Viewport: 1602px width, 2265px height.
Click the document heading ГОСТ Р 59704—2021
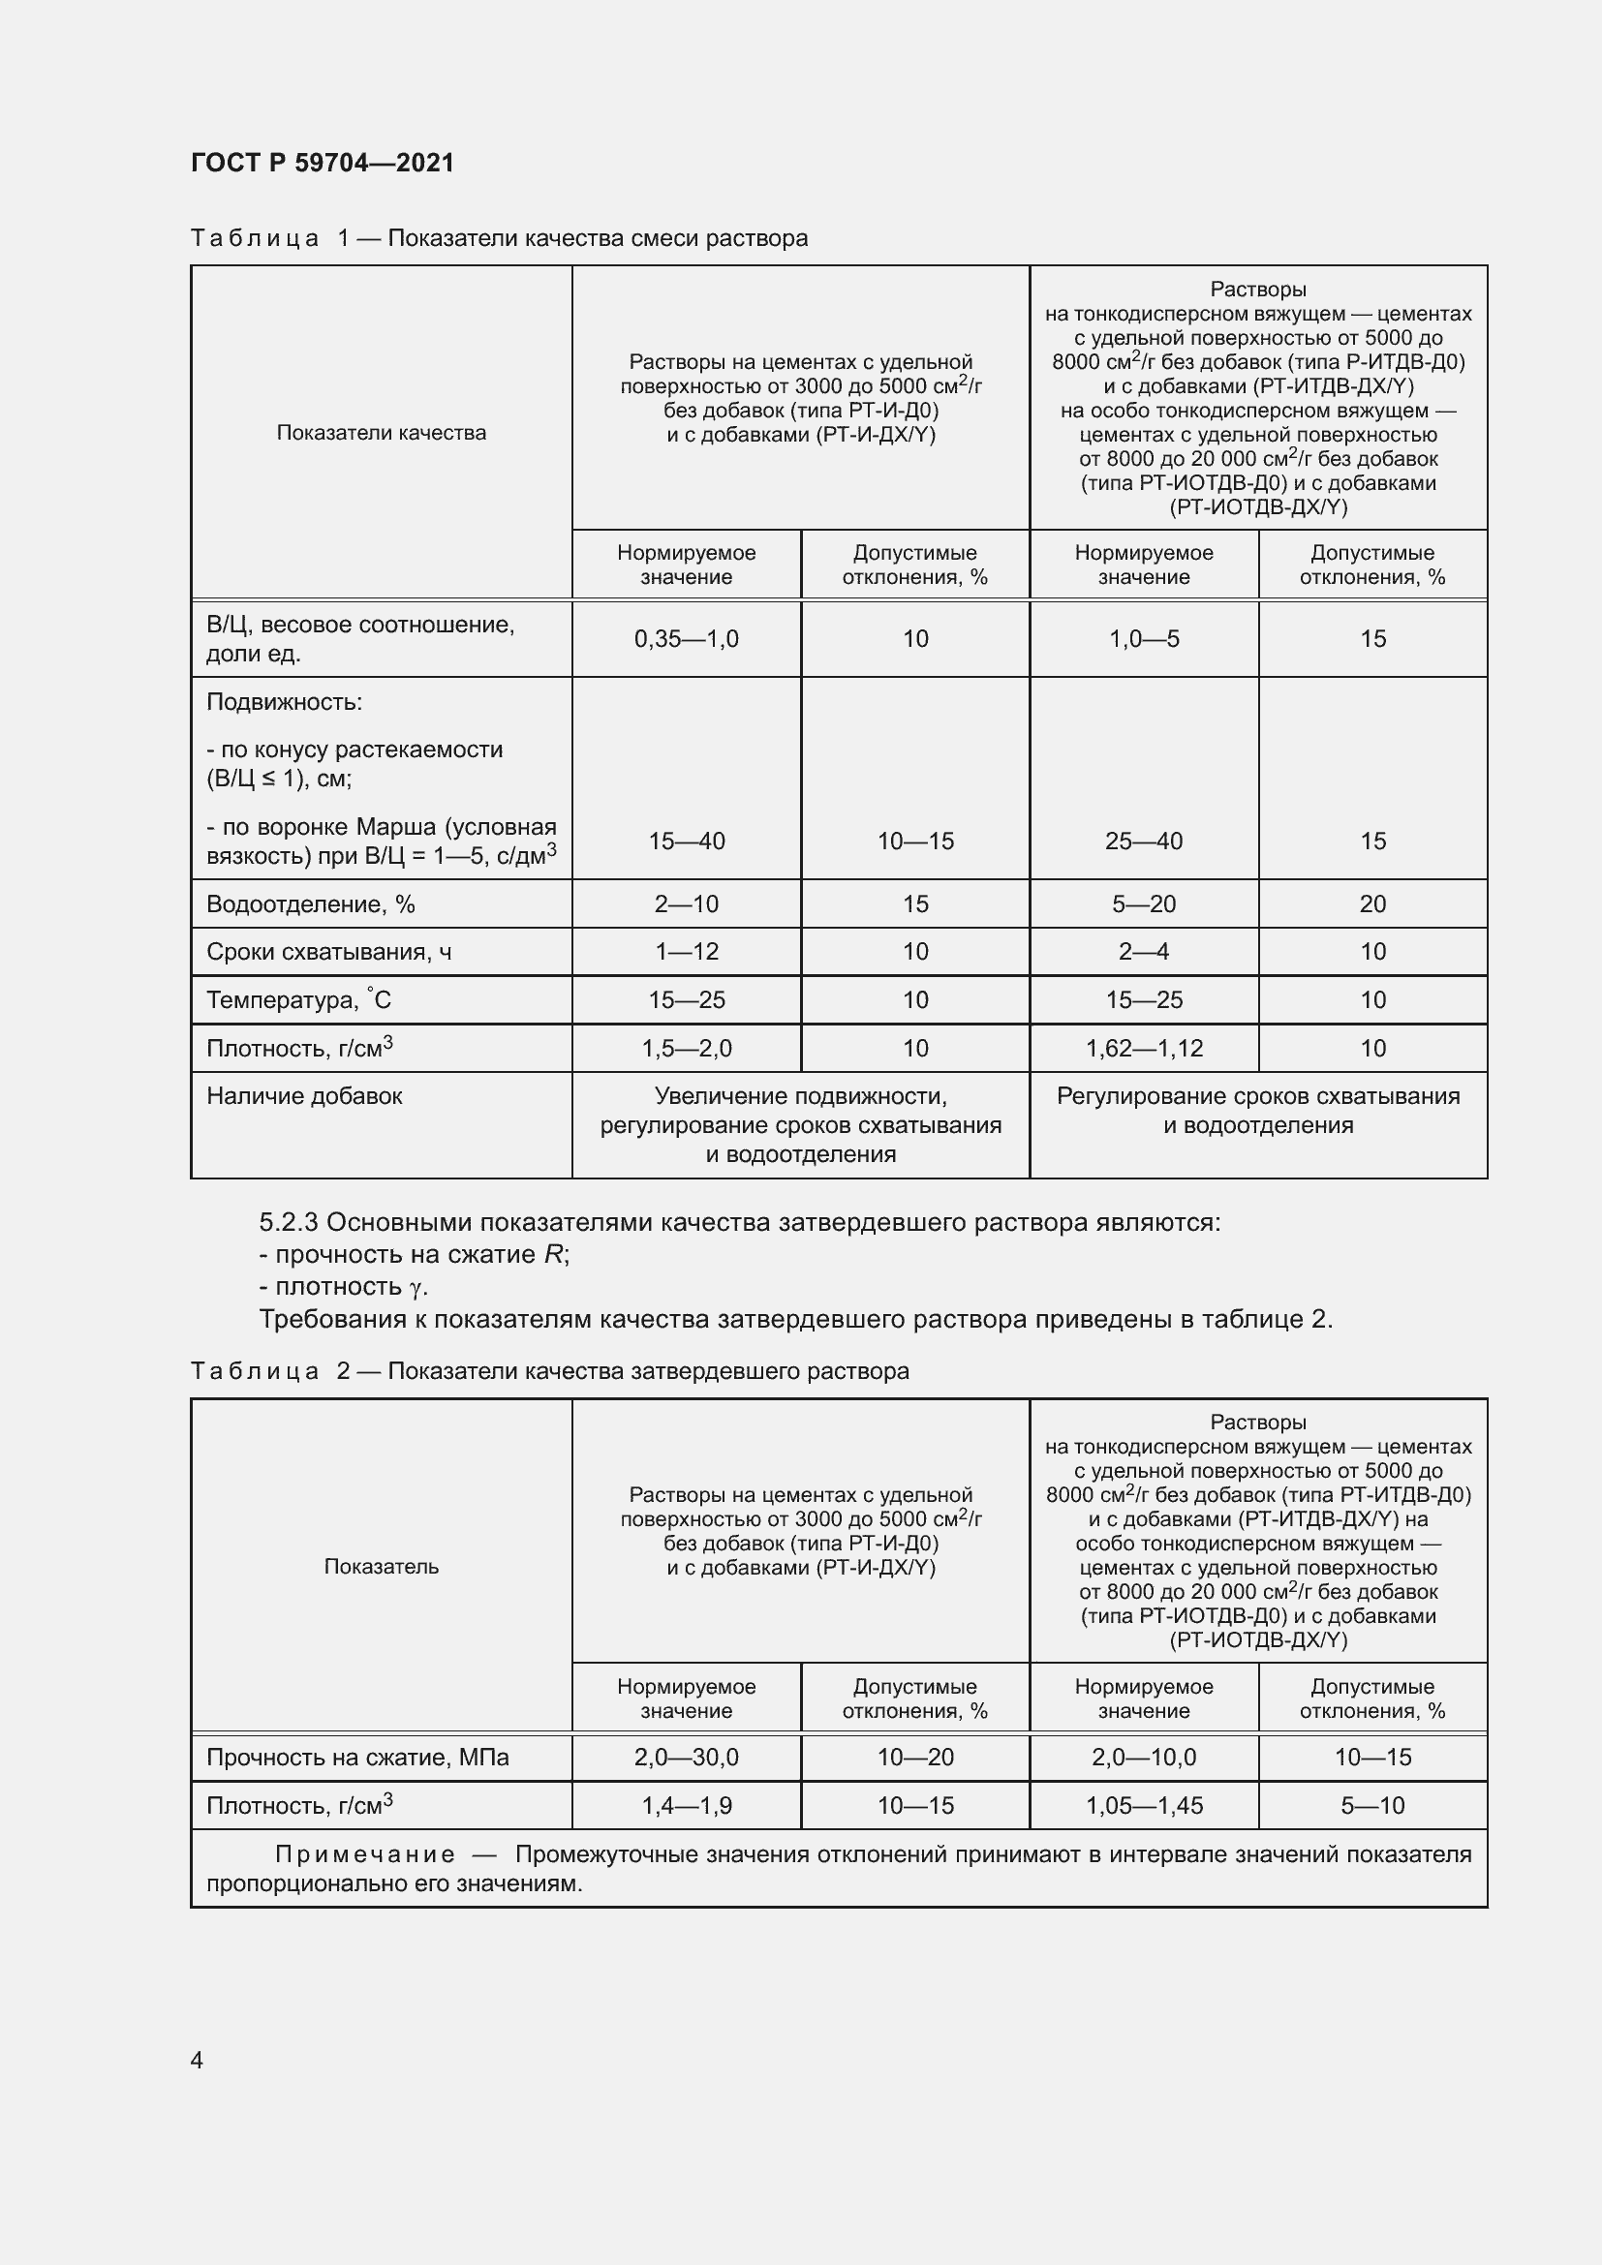pos(323,163)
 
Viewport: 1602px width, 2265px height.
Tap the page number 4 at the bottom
pos(197,2060)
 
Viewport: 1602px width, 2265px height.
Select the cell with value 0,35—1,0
pos(686,639)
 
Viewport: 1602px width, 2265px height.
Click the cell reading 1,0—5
pos(1143,639)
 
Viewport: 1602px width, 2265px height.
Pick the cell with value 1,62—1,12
pos(1143,1049)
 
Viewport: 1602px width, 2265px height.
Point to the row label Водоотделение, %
pos(310,904)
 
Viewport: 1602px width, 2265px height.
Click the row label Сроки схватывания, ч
pos(328,952)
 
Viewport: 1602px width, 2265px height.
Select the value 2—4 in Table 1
pos(1143,952)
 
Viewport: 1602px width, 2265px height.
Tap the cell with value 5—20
pos(1143,904)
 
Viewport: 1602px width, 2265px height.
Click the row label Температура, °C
pos(298,1000)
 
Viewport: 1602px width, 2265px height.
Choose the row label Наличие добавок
pos(304,1096)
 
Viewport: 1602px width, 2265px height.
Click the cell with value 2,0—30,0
pos(686,1757)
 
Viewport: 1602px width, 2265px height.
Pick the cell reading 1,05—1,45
pos(1143,1805)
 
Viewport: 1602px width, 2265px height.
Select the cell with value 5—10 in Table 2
pos(1372,1805)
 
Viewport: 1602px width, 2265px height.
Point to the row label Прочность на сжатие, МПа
pos(357,1757)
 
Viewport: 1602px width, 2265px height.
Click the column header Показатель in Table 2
pos(381,1567)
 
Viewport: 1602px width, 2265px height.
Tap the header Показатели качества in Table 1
pos(381,433)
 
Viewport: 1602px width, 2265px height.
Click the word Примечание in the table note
pos(364,1854)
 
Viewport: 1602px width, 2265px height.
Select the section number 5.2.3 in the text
pos(288,1223)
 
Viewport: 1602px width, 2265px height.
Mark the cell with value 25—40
pos(1143,842)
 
